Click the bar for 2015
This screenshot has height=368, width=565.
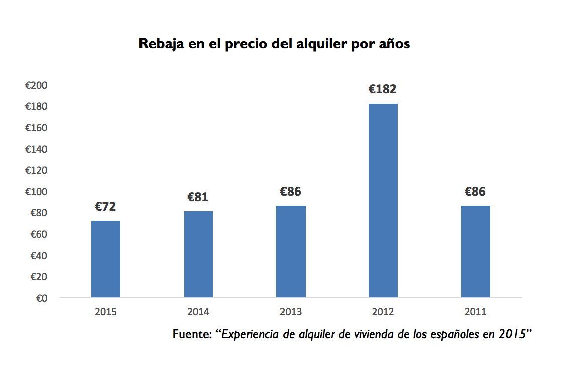pos(105,259)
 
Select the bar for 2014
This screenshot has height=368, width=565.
pos(198,254)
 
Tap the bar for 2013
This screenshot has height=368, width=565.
pos(291,252)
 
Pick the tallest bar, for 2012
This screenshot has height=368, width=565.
pos(383,200)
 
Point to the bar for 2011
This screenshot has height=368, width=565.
pos(475,252)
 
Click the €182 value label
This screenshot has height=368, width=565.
pos(383,89)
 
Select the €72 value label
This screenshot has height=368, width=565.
pos(105,206)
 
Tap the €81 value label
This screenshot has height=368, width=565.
pos(198,197)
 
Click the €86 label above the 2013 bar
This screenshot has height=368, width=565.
pos(291,192)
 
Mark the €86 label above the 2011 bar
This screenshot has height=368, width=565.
pos(475,192)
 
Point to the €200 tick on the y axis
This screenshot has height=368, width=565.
pos(36,86)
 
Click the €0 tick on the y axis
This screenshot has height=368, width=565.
pos(41,298)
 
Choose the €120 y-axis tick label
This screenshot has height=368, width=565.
pos(36,171)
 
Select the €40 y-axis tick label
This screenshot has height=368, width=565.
pos(38,256)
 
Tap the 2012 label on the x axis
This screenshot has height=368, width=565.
pos(383,312)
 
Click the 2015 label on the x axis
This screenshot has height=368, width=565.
pos(105,312)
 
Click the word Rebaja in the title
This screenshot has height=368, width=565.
pos(160,44)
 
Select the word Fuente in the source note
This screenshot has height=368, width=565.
pos(191,334)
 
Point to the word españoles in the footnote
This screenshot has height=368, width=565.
pos(455,335)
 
